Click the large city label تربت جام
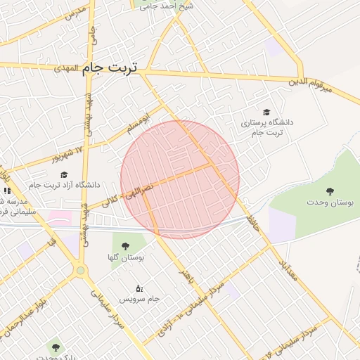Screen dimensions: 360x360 (110, 68)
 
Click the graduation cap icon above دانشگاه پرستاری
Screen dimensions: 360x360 (266, 112)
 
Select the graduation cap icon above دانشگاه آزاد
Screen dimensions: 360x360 (64, 174)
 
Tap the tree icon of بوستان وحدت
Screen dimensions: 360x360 (330, 191)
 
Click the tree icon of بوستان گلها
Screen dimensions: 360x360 (126, 246)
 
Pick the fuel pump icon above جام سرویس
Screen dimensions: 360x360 (139, 288)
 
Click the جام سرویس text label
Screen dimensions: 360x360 (139, 299)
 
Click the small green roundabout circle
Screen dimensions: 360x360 (81, 270)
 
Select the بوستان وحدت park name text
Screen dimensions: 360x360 (330, 202)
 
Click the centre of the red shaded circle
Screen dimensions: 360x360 (180, 179)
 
